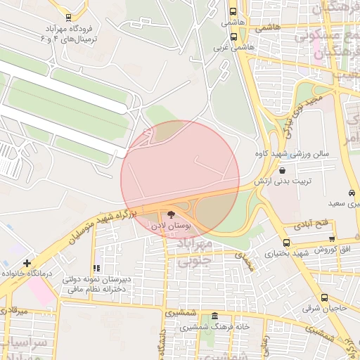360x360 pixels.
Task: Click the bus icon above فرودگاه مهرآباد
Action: pyautogui.click(x=67, y=18)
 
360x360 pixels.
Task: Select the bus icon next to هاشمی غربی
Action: pyautogui.click(x=233, y=37)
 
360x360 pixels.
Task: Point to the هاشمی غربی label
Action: pyautogui.click(x=231, y=49)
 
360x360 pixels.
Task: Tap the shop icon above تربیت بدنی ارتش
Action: pyautogui.click(x=283, y=170)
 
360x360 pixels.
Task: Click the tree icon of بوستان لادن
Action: pyautogui.click(x=173, y=214)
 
